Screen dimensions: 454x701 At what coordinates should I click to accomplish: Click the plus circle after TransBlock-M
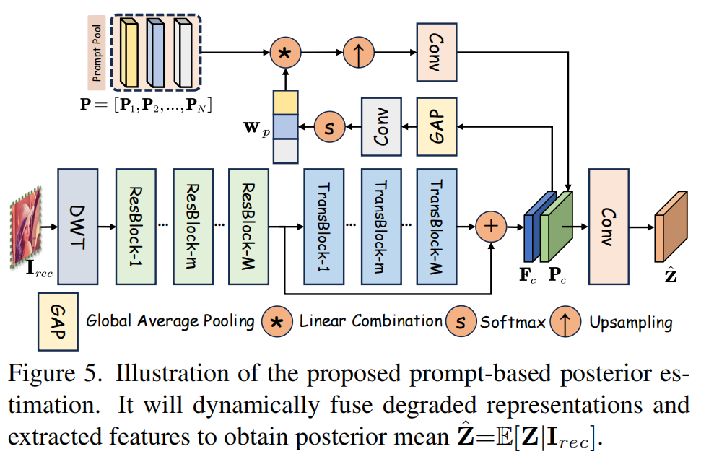pyautogui.click(x=491, y=227)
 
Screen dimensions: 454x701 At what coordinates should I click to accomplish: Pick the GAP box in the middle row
pyautogui.click(x=437, y=127)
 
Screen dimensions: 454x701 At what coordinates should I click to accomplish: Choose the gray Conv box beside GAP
pyautogui.click(x=381, y=127)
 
